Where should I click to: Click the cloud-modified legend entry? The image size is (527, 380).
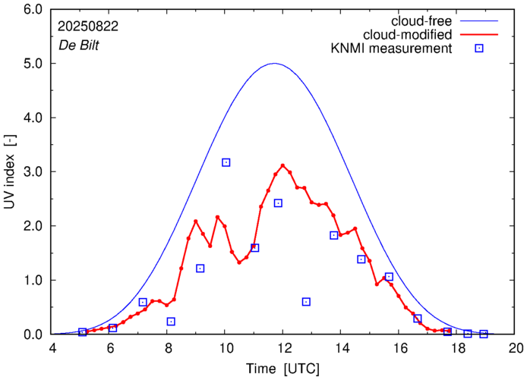coord(409,35)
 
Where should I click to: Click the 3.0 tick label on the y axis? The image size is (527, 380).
coord(33,172)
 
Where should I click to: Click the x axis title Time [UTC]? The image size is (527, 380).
coord(283,369)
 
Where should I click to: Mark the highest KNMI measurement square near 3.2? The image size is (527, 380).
coord(226,162)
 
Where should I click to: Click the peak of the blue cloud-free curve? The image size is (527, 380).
coord(275,64)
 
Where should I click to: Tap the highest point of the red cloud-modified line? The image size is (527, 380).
coord(282,165)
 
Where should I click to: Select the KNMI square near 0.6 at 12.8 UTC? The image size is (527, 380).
coord(306,301)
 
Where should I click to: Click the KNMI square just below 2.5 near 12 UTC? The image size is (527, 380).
coord(278,203)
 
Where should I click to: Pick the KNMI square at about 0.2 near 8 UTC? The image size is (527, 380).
coord(171,322)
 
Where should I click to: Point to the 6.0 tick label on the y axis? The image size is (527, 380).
coord(33,10)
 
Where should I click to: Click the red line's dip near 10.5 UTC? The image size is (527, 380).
coord(239,262)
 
